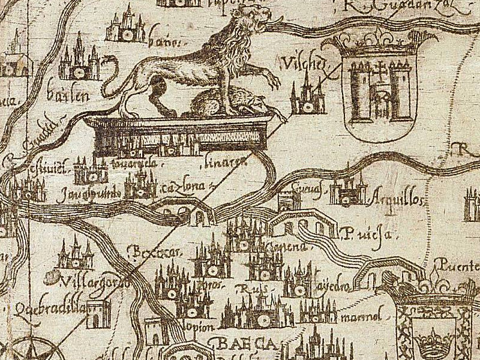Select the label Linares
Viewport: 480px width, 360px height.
pyautogui.click(x=217, y=161)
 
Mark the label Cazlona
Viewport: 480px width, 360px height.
pyautogui.click(x=176, y=188)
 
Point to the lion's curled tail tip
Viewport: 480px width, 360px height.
pyautogui.click(x=108, y=60)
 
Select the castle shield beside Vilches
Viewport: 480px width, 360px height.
pyautogui.click(x=379, y=87)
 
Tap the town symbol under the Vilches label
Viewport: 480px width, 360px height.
pyautogui.click(x=307, y=97)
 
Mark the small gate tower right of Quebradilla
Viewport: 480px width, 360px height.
pyautogui.click(x=98, y=314)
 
